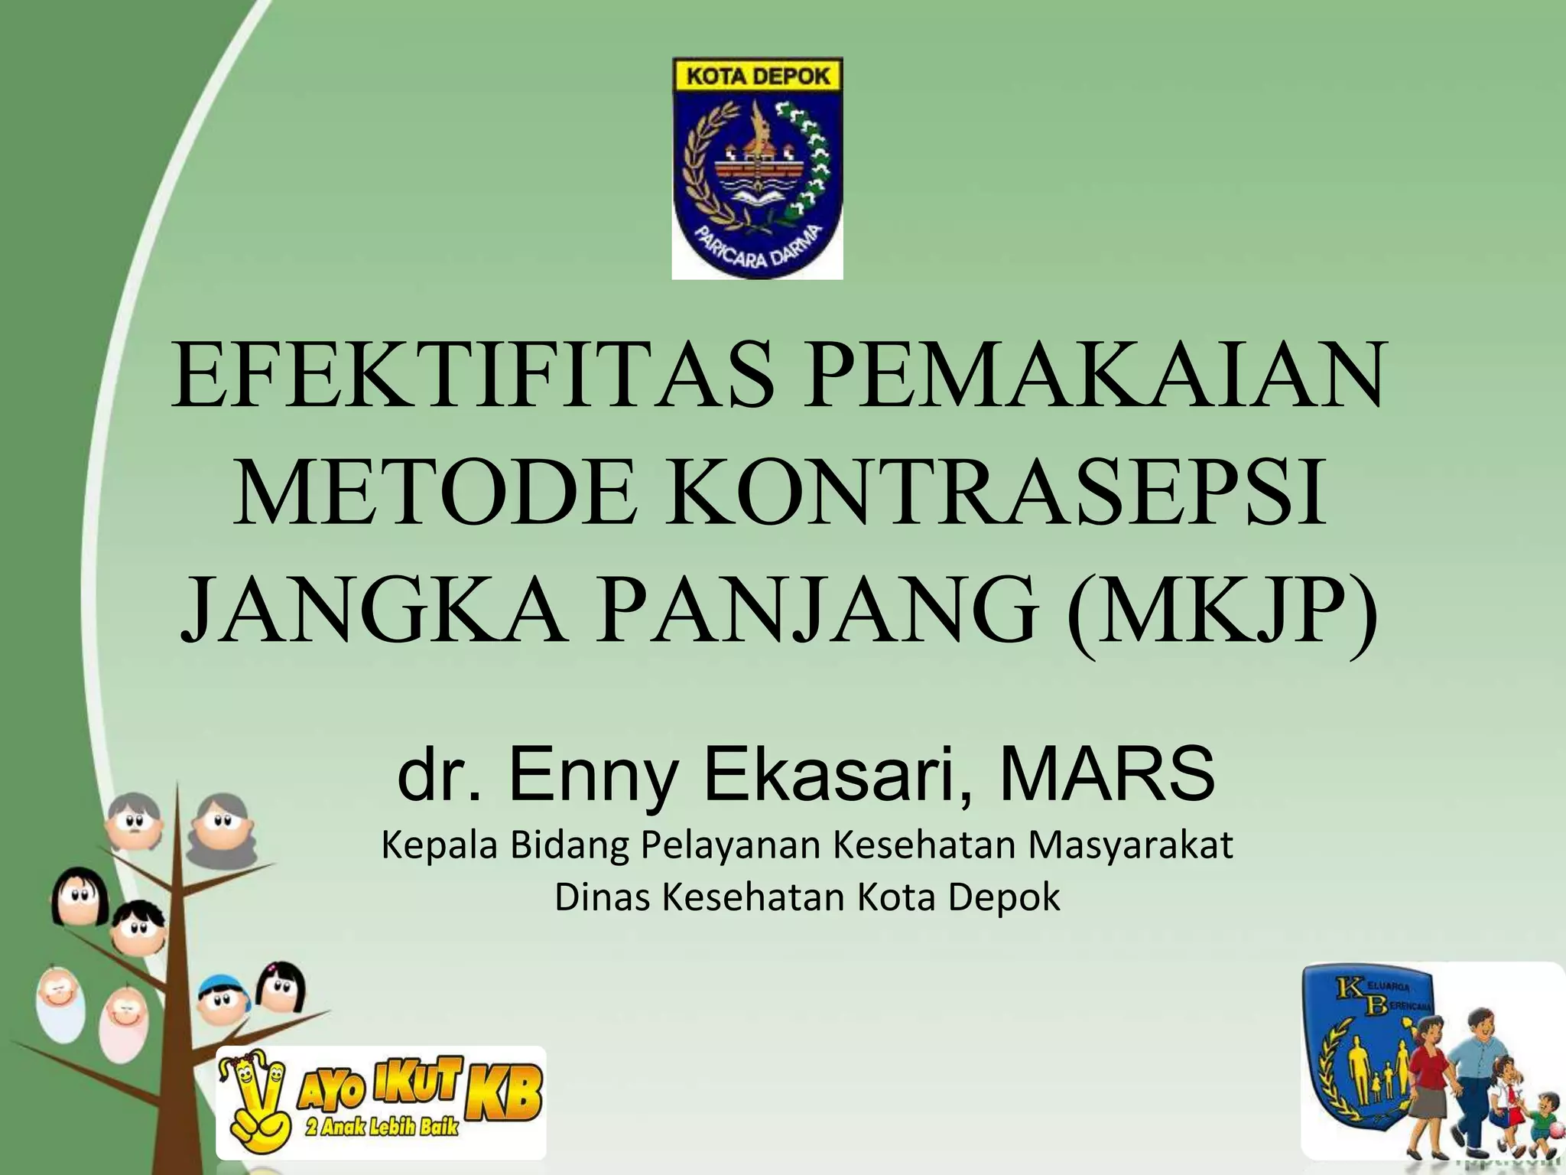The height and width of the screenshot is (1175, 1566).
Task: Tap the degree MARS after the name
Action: (1106, 774)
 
